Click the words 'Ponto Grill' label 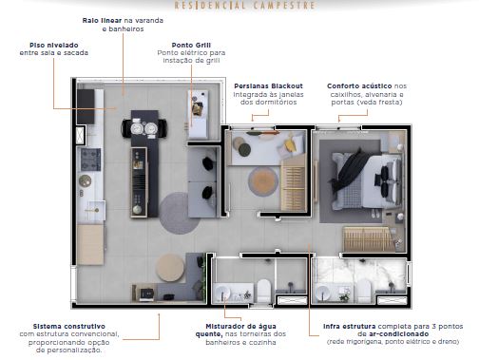coord(191,45)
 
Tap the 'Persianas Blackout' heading coord(268,85)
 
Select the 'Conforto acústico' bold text coord(359,85)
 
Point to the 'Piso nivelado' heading coord(54,45)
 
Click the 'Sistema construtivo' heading coord(69,326)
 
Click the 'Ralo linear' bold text coord(102,20)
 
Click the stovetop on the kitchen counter coord(90,160)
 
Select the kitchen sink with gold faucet coord(95,210)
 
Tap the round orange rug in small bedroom coord(263,181)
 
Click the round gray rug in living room coord(179,213)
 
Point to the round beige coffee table coord(170,268)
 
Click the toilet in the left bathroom coord(263,290)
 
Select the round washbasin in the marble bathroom coord(322,293)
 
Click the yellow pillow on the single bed coord(290,144)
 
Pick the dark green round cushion coord(244,150)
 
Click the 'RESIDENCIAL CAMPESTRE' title coord(245,6)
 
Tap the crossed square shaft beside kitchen coord(81,135)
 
